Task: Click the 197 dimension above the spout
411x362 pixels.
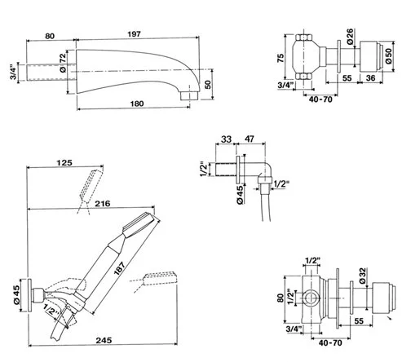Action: coord(135,34)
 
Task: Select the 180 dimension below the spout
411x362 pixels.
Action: coord(137,104)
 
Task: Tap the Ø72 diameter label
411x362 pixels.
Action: coord(63,63)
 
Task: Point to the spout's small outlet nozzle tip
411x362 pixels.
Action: coord(188,95)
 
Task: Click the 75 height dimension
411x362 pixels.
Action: coord(281,58)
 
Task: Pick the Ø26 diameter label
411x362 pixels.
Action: coord(350,36)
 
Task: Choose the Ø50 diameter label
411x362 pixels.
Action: coord(389,56)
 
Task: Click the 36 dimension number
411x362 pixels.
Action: coord(370,78)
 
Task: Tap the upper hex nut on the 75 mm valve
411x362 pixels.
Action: coord(303,38)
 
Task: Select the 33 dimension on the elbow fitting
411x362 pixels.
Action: coord(226,139)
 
